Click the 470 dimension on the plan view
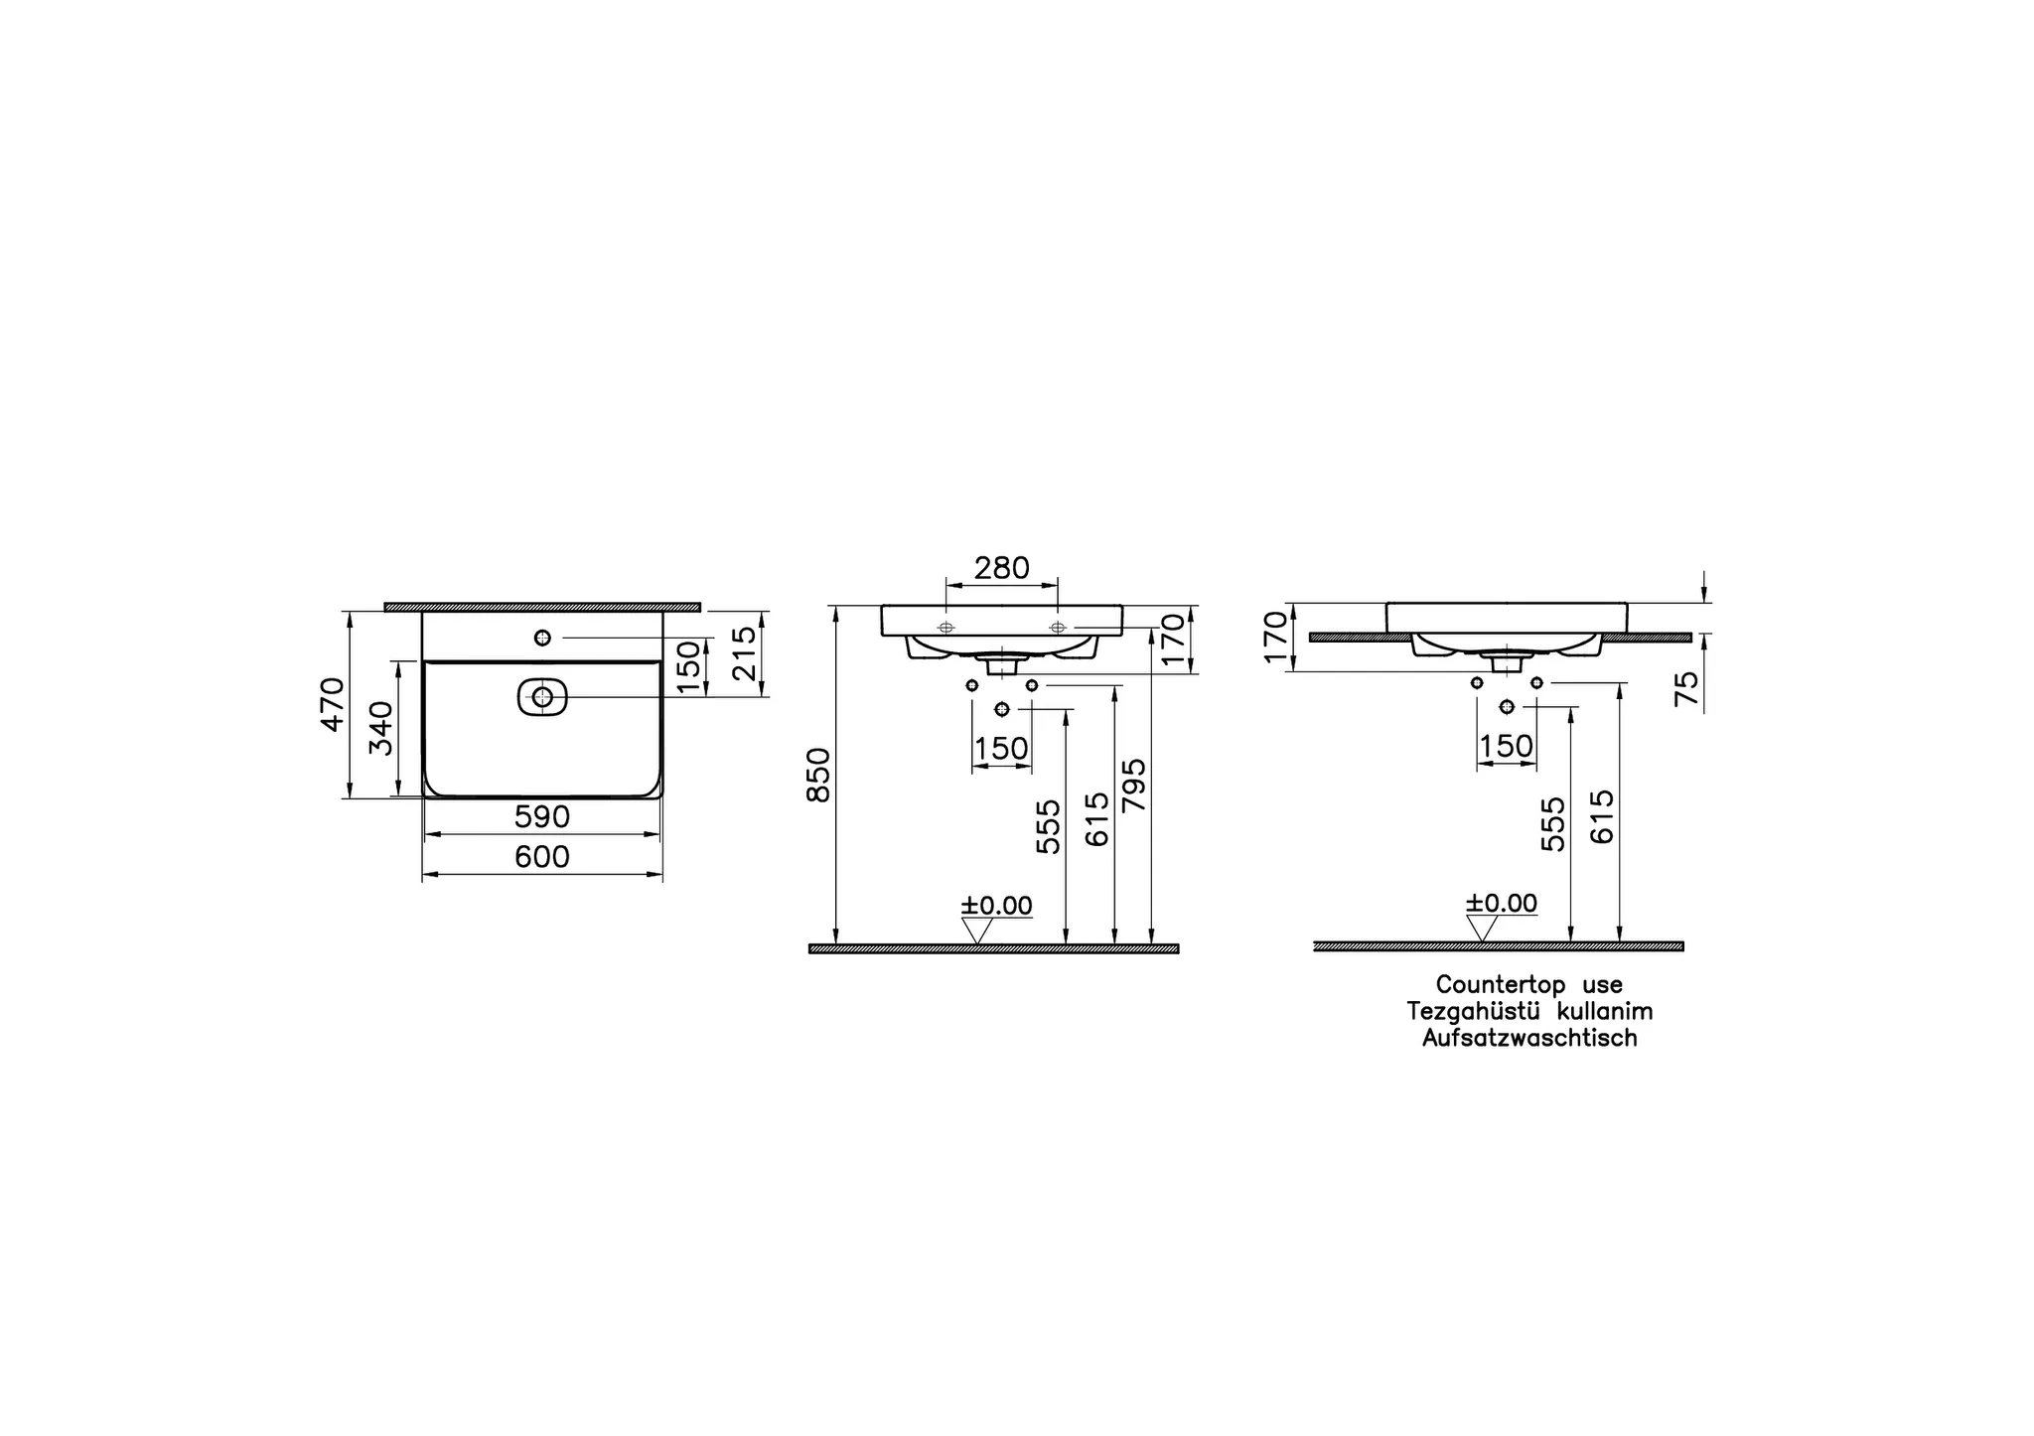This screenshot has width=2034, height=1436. click(x=333, y=704)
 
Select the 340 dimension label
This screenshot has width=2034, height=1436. click(x=381, y=728)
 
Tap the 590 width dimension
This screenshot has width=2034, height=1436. click(x=542, y=817)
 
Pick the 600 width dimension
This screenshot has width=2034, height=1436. click(x=542, y=857)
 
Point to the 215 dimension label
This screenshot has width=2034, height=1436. click(x=744, y=652)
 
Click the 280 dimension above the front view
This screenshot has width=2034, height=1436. click(x=1001, y=569)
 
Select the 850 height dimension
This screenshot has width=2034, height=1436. click(x=819, y=776)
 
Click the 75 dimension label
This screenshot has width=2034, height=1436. click(x=1686, y=688)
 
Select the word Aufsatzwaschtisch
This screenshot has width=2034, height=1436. click(x=1529, y=1039)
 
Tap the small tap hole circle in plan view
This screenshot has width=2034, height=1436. click(x=542, y=638)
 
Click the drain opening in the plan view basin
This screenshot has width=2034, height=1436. click(x=542, y=697)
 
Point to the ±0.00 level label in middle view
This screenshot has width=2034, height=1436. click(x=996, y=906)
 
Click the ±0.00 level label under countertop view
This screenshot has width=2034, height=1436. click(x=1502, y=904)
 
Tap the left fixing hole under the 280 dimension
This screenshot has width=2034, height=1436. click(x=945, y=628)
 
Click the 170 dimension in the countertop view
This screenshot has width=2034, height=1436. click(x=1275, y=637)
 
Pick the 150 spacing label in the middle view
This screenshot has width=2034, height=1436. click(x=1001, y=749)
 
